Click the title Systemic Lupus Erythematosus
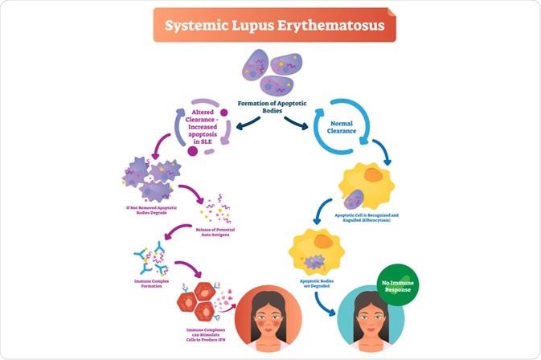pyautogui.click(x=269, y=26)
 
